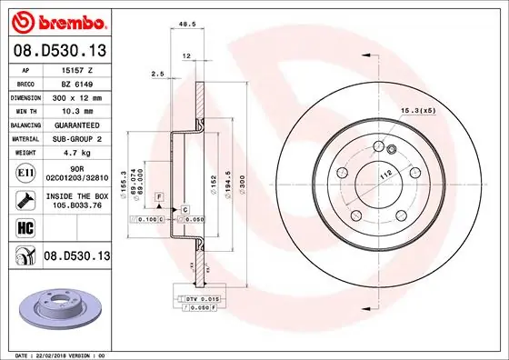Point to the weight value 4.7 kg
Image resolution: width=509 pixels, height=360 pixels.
coord(70,153)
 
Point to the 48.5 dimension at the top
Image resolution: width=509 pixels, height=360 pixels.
coord(188,25)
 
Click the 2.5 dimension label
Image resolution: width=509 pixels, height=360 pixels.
coord(156,75)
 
